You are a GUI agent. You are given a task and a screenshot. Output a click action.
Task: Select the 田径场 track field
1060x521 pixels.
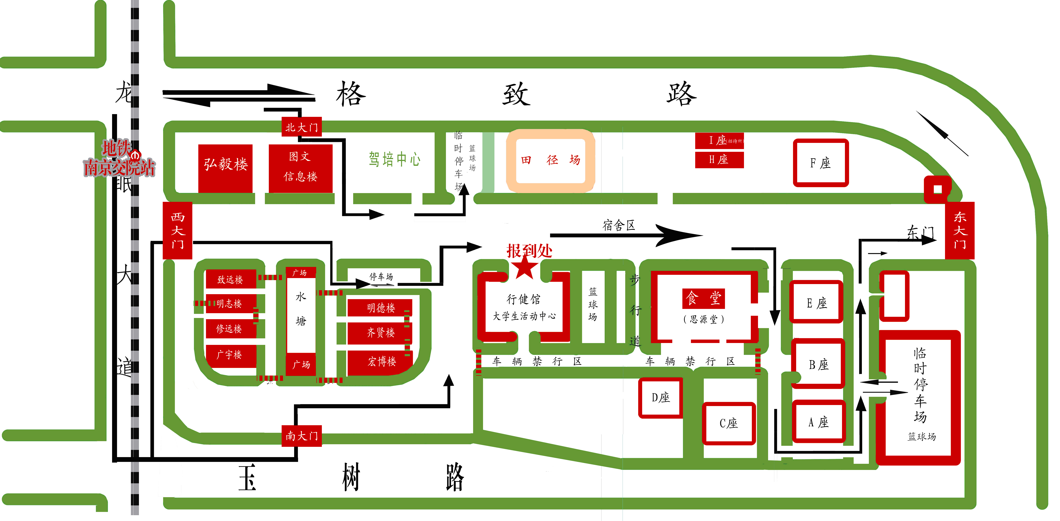550,160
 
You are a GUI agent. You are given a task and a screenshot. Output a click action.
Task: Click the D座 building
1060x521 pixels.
660,397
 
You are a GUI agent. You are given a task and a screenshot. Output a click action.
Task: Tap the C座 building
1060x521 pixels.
728,423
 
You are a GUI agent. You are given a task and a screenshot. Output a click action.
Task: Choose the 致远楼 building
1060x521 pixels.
230,279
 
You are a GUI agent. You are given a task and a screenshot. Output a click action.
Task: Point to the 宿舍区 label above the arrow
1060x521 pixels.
619,225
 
